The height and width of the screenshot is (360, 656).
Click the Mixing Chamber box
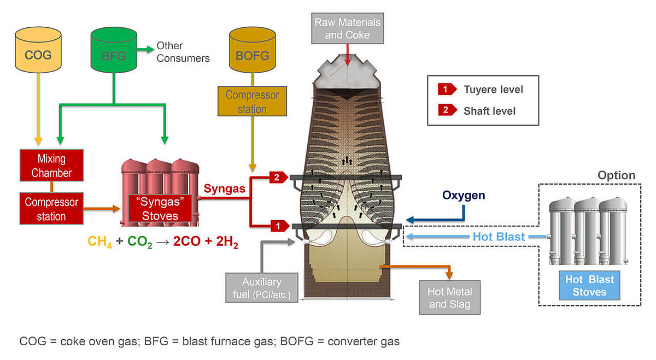click(x=51, y=166)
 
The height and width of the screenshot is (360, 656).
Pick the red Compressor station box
click(x=51, y=209)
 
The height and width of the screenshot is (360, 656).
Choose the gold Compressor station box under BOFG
click(x=252, y=102)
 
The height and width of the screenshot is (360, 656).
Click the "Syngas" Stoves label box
click(x=160, y=209)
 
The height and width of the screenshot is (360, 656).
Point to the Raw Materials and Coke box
click(x=347, y=28)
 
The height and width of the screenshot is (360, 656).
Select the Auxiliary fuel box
click(x=262, y=288)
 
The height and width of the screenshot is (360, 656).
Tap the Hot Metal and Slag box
click(x=450, y=298)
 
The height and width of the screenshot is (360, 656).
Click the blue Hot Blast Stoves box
click(x=589, y=285)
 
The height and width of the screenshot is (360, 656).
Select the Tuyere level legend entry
click(x=481, y=90)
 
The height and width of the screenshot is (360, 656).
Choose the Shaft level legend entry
click(x=481, y=110)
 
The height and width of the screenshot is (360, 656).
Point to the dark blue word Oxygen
click(x=464, y=195)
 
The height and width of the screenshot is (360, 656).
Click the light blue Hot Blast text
click(x=499, y=237)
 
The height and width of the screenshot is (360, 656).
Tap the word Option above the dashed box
click(x=616, y=175)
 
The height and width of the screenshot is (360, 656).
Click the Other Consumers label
click(x=182, y=52)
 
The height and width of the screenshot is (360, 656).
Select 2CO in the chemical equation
click(x=186, y=241)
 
